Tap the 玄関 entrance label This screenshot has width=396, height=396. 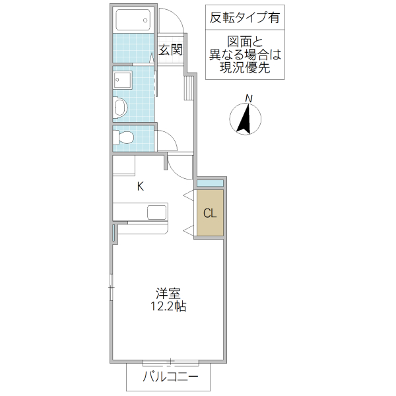tap(170, 49)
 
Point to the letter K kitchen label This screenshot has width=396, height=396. tap(140, 186)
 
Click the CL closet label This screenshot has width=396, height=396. tap(210, 213)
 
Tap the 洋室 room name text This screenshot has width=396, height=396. tap(169, 294)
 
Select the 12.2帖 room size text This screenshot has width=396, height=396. tap(169, 307)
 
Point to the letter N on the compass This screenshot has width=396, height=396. tap(249, 99)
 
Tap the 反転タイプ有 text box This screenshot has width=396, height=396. tap(244, 17)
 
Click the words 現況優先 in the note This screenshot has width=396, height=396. tap(244, 68)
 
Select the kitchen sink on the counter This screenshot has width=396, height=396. tap(156, 212)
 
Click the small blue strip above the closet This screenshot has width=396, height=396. tap(211, 183)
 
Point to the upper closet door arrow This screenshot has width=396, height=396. tap(188, 195)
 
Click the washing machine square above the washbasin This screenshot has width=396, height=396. tap(122, 81)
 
